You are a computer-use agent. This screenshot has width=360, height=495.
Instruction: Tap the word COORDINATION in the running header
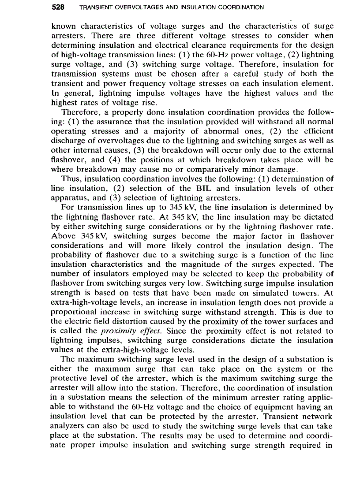click(242, 7)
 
